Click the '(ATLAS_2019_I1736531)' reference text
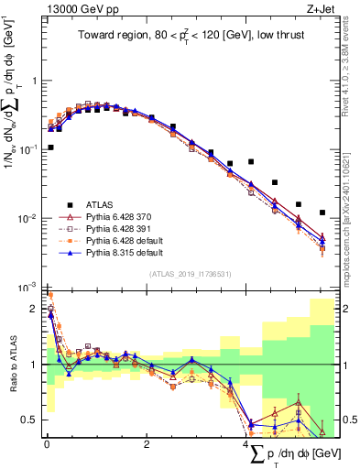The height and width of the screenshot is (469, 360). click(x=191, y=273)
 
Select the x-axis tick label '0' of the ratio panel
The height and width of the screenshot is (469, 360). click(x=47, y=444)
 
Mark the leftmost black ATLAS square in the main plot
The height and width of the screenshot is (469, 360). click(x=49, y=147)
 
